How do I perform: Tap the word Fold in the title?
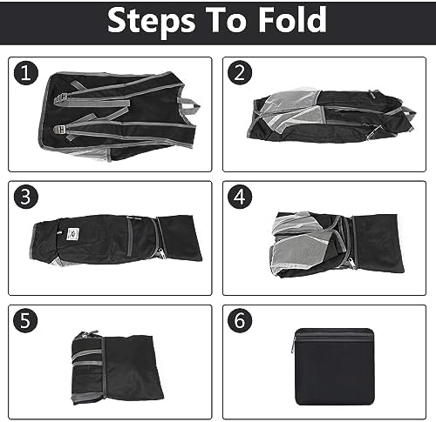pyautogui.click(x=289, y=21)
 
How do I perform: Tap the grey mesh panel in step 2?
pyautogui.click(x=288, y=109)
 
